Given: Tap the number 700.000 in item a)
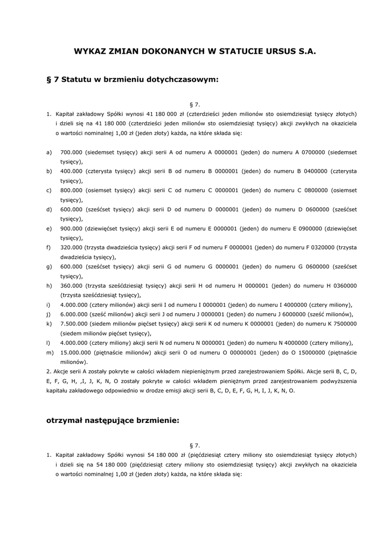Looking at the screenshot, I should click(x=71, y=152).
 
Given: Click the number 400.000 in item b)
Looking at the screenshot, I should click(x=71, y=171).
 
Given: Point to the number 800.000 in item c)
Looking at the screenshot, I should click(x=71, y=190).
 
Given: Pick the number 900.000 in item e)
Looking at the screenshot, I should click(x=71, y=228).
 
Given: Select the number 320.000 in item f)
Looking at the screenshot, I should click(x=71, y=247).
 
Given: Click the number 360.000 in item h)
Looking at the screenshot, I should click(x=71, y=285).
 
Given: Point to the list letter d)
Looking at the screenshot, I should click(x=49, y=209).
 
